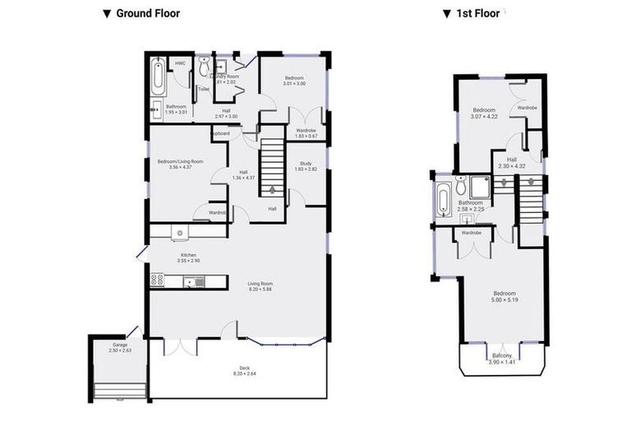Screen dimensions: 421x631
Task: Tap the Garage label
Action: tap(119, 347)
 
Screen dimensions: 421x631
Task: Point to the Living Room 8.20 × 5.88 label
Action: tap(260, 287)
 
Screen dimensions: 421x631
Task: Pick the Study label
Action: tap(305, 166)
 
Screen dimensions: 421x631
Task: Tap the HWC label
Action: tap(179, 63)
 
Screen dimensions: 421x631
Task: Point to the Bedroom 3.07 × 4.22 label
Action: tap(484, 113)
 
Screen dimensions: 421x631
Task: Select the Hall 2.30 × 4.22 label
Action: tap(511, 163)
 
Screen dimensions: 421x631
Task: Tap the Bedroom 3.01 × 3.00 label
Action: tap(294, 81)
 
